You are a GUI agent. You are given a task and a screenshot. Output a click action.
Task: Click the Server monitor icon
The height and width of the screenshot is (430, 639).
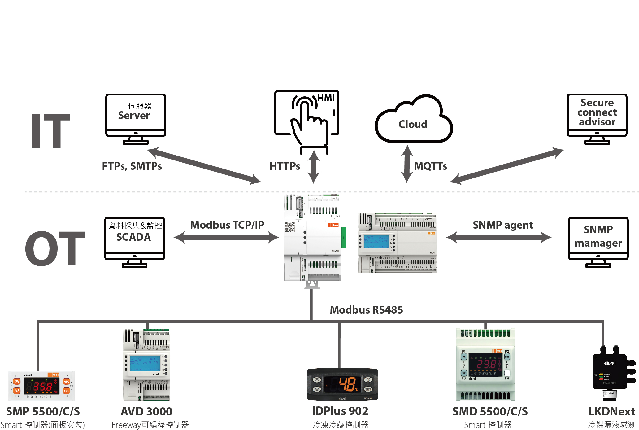pos(136,118)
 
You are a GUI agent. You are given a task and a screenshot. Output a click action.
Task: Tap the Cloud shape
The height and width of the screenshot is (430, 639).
pos(413,122)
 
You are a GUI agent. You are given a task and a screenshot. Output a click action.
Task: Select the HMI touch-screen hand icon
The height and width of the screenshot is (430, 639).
pos(308,119)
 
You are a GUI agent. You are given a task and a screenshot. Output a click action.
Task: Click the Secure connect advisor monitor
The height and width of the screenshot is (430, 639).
pos(597,118)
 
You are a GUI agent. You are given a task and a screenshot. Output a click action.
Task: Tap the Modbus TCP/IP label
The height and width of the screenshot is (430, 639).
pos(227,225)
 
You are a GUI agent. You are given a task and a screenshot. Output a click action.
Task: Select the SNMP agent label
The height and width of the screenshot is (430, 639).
pos(503,225)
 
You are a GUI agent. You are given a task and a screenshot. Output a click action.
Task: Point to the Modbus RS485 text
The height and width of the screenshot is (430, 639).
pos(366,310)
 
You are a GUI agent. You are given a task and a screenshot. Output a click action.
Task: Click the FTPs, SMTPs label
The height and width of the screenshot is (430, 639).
pos(132,166)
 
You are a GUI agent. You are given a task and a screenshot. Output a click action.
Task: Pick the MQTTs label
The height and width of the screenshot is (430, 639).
pos(430,166)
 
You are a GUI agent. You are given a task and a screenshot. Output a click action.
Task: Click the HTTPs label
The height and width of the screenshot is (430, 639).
pos(285,166)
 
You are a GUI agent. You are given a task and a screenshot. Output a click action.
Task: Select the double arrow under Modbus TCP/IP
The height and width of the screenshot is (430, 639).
pos(226,238)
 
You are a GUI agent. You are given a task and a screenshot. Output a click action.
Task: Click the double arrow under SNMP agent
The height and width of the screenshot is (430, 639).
pos(499,238)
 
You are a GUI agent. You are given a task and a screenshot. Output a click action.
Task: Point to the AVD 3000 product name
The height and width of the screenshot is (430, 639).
pos(146,411)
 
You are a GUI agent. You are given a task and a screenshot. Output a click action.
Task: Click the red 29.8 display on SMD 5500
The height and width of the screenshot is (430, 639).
pos(485,364)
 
